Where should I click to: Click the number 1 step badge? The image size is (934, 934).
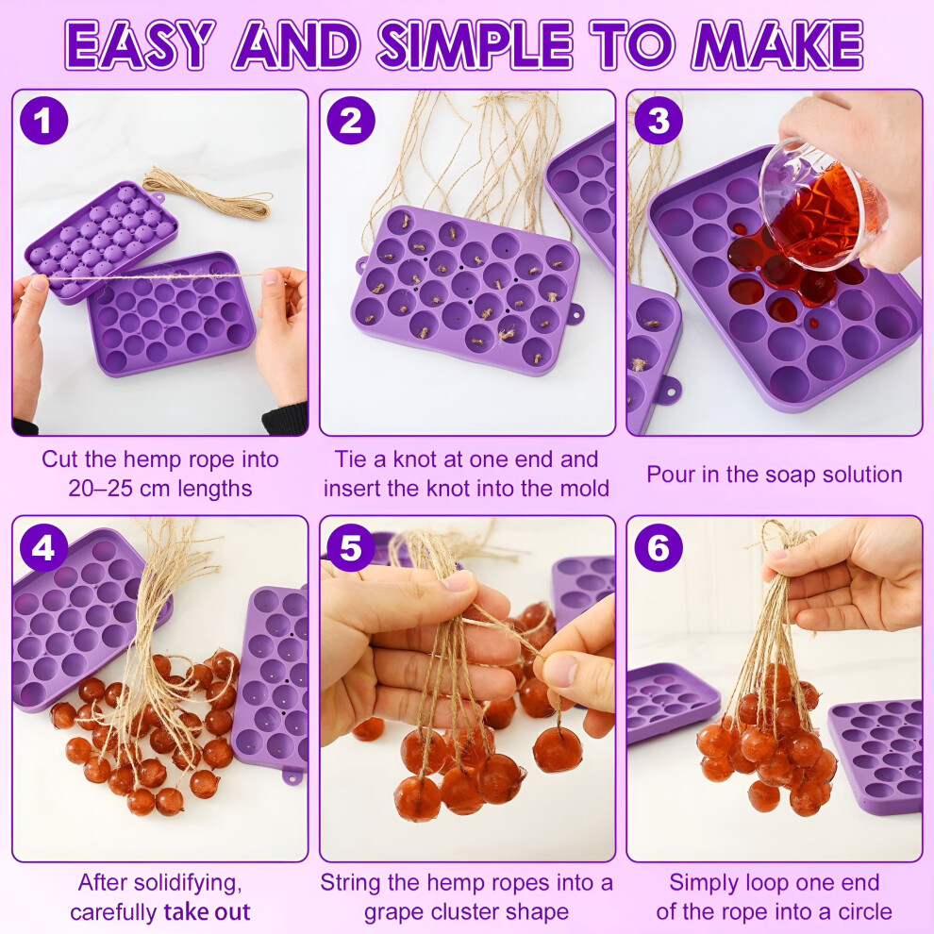pyautogui.click(x=43, y=121)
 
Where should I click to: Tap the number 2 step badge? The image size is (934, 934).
pyautogui.click(x=351, y=121)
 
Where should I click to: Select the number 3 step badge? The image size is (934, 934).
pyautogui.click(x=659, y=121)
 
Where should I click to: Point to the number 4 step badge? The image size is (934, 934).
pyautogui.click(x=43, y=547)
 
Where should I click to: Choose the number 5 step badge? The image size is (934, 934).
pyautogui.click(x=351, y=547)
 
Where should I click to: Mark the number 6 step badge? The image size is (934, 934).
pyautogui.click(x=659, y=547)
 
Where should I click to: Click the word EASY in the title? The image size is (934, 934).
pyautogui.click(x=140, y=45)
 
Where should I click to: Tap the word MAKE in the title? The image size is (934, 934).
pyautogui.click(x=777, y=45)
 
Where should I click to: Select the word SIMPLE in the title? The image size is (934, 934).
pyautogui.click(x=475, y=45)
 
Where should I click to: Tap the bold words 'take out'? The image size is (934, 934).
pyautogui.click(x=207, y=912)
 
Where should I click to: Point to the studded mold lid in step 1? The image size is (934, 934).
pyautogui.click(x=101, y=239)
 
